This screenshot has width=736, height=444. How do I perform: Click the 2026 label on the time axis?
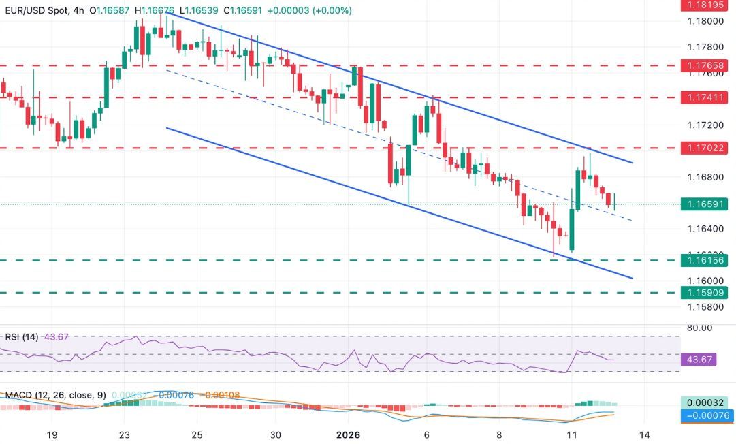click(349, 434)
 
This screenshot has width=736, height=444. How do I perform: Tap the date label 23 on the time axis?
click(124, 434)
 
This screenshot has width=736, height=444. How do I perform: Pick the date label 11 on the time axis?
click(571, 434)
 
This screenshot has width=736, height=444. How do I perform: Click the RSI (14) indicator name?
click(21, 336)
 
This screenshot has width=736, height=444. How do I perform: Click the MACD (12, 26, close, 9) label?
click(54, 395)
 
